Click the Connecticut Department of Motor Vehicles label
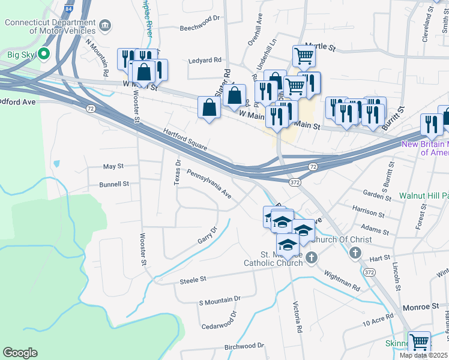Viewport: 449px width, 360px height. coord(50,26)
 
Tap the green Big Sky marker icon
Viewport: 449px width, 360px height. coord(44,54)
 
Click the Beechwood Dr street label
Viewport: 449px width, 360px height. coord(200,28)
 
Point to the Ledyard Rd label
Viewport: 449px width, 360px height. coord(205,60)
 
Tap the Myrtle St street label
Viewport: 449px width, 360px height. coord(320,45)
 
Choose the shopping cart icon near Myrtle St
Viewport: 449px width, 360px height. coord(304,56)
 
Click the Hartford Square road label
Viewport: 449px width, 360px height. coord(185,139)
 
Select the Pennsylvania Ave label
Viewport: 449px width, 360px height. coord(209,183)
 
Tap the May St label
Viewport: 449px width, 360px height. coord(113,166)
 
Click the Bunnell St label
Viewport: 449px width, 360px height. coord(114,184)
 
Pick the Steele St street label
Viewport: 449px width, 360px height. coord(193,280)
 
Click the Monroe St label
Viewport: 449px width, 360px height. coord(421,307)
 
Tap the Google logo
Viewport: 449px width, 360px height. coord(20,353)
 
